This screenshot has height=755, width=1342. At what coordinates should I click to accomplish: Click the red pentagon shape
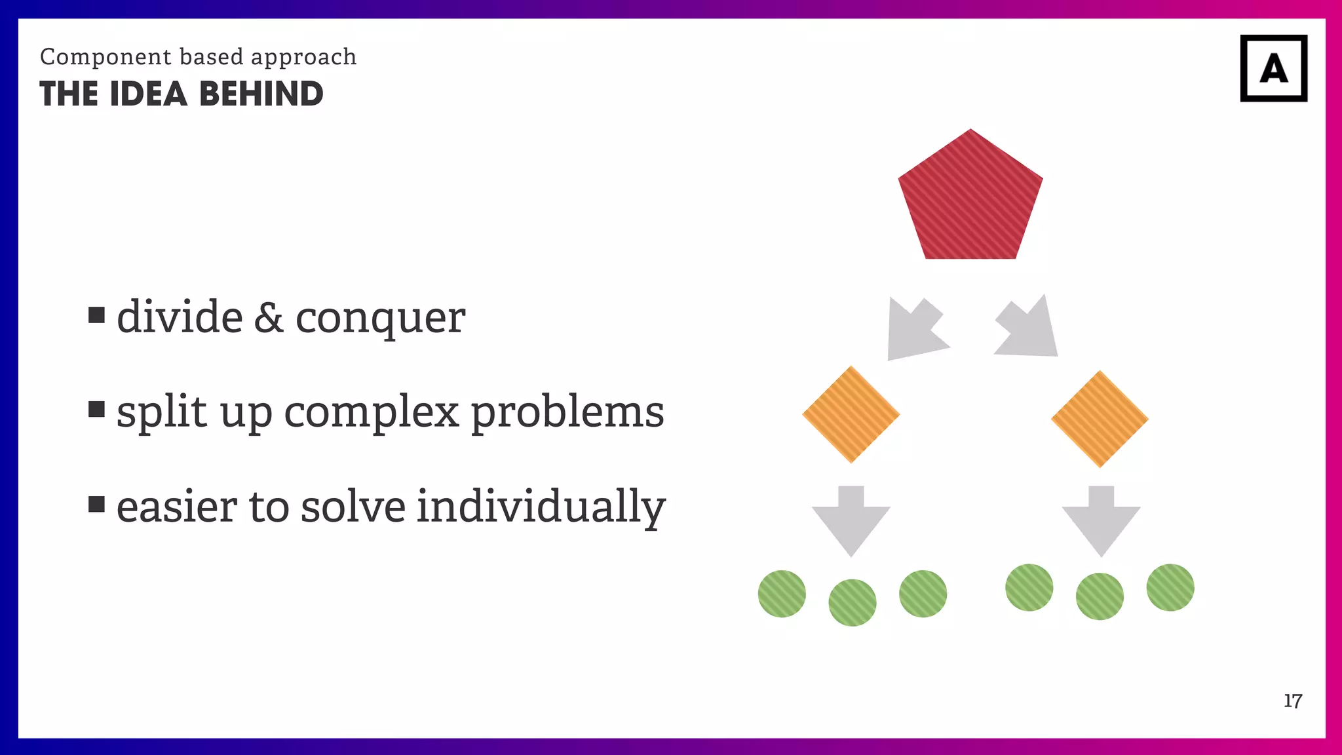click(x=970, y=200)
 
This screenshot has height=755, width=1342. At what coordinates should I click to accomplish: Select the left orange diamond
click(x=851, y=414)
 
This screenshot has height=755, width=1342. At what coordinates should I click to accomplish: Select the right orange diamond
click(x=1100, y=419)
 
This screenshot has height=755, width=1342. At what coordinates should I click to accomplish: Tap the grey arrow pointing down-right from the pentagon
click(x=1029, y=329)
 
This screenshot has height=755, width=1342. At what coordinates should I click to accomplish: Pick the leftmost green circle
click(x=782, y=594)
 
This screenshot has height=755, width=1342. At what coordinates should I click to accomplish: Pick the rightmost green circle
click(x=1170, y=587)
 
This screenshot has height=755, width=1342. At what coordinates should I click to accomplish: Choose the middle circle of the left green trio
click(x=852, y=602)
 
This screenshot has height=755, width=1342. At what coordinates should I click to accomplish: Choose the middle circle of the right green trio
click(x=1100, y=596)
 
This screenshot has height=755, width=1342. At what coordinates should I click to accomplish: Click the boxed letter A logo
click(x=1273, y=68)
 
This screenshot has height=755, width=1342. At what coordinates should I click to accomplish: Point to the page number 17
click(x=1292, y=701)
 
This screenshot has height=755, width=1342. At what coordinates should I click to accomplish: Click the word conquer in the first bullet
click(x=380, y=319)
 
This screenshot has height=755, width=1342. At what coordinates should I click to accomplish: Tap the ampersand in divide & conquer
click(x=269, y=317)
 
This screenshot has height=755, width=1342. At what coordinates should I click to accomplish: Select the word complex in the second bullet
click(x=371, y=413)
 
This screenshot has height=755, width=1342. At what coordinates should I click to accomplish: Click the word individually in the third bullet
click(x=541, y=507)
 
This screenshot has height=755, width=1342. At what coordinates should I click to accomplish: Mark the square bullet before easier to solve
click(x=96, y=504)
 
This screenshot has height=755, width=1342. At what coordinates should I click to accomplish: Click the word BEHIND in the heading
click(x=261, y=94)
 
